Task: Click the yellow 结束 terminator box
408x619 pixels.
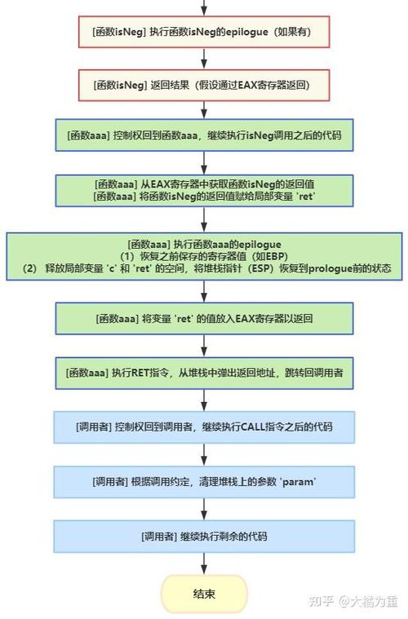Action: pyautogui.click(x=204, y=593)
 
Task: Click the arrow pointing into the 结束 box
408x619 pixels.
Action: pyautogui.click(x=204, y=564)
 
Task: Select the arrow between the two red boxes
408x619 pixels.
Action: pyautogui.click(x=204, y=59)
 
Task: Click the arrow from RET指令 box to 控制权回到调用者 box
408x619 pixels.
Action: pyautogui.click(x=204, y=399)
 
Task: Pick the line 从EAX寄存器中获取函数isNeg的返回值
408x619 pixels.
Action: pyautogui.click(x=205, y=183)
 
